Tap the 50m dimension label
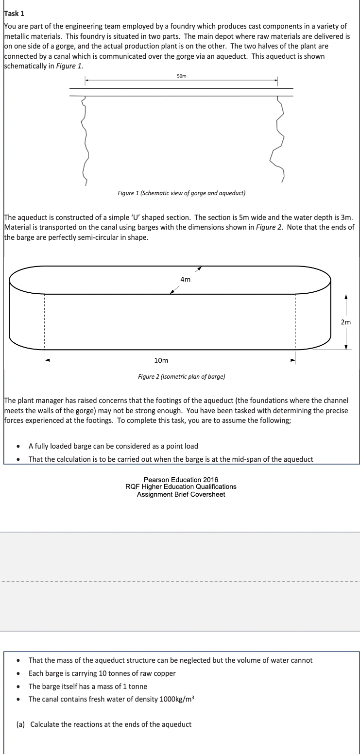point(181,76)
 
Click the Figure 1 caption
point(181,193)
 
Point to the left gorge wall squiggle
point(86,141)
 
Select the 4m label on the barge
point(185,279)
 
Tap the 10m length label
point(161,360)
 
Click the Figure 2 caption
point(181,376)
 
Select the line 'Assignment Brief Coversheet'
point(181,494)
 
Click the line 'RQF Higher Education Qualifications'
point(181,487)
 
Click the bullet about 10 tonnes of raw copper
point(102,673)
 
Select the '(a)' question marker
point(21,724)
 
